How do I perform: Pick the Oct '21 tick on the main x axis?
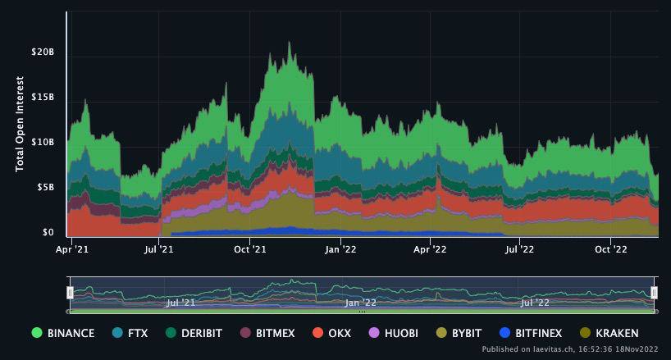click(x=249, y=248)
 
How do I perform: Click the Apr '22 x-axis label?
click(x=428, y=248)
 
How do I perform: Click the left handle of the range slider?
click(x=71, y=292)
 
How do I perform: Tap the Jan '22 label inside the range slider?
click(x=360, y=303)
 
